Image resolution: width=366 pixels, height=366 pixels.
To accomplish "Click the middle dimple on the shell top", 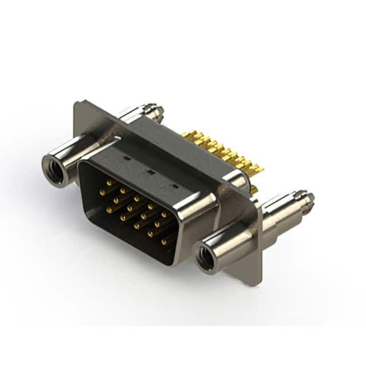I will point(150,170).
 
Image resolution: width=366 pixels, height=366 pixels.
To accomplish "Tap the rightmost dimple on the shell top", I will point(174,186).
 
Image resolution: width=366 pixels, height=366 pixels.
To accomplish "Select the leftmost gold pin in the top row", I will point(109,182).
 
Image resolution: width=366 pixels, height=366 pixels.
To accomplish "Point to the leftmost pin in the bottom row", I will point(109,209).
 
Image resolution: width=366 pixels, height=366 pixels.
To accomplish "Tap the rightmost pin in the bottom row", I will point(164,242).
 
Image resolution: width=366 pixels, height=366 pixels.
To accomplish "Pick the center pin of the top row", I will point(137,198).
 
